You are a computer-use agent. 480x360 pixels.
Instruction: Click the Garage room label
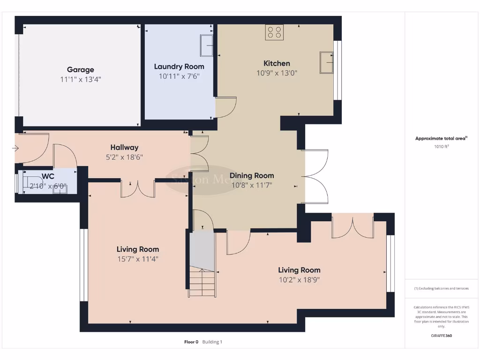pyautogui.click(x=80, y=70)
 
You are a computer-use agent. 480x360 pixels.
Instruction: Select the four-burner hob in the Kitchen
pyautogui.click(x=275, y=32)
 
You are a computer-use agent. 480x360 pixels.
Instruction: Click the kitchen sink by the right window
pyautogui.click(x=326, y=62)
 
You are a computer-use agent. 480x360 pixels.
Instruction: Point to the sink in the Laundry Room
pyautogui.click(x=207, y=45)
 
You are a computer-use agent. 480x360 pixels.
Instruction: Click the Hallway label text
pyautogui.click(x=124, y=147)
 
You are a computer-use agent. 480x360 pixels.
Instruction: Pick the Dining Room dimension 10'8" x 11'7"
pyautogui.click(x=252, y=185)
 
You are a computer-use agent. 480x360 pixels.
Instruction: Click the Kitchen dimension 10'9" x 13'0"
pyautogui.click(x=277, y=73)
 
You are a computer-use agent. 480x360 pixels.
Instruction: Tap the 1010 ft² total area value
pyautogui.click(x=442, y=146)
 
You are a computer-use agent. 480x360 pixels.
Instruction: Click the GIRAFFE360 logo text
pyautogui.click(x=442, y=336)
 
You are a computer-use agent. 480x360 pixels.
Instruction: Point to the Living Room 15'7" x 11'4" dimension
pyautogui.click(x=138, y=259)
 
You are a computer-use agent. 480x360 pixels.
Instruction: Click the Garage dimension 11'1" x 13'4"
pyautogui.click(x=81, y=80)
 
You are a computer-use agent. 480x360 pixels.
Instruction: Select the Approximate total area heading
pyautogui.click(x=441, y=138)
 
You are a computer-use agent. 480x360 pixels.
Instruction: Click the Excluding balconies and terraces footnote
pyautogui.click(x=441, y=288)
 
